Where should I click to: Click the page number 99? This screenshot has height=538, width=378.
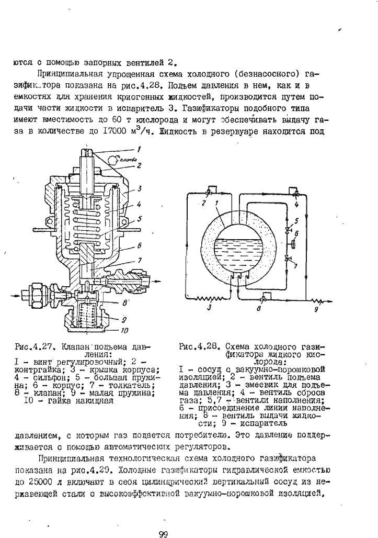point(163,533)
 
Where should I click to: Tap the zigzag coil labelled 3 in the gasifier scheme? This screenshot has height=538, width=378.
point(206,299)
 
